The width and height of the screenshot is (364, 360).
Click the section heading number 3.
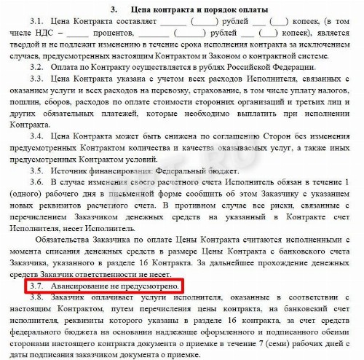pyautogui.click(x=114, y=9)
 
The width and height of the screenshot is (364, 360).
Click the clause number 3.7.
pyautogui.click(x=37, y=286)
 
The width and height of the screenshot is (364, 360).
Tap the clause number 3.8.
pyautogui.click(x=36, y=302)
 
